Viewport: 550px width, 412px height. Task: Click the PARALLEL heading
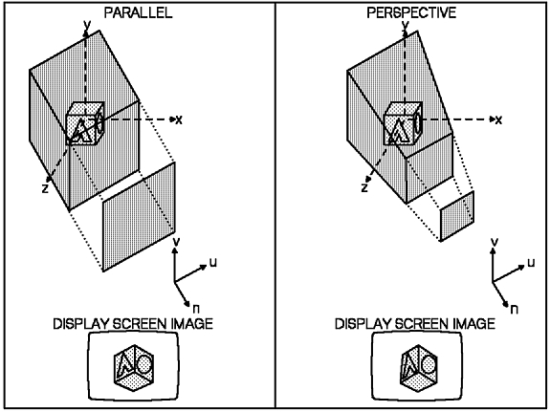[x=138, y=13]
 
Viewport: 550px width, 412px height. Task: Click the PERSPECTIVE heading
[x=411, y=13]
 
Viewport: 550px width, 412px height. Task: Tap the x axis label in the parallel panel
[x=179, y=120]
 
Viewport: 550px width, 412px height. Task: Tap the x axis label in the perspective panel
[x=498, y=120]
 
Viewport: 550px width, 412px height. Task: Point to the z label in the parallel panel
[x=45, y=188]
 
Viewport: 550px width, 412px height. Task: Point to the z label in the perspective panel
[x=364, y=188]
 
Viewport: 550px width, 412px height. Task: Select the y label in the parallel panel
[x=87, y=25]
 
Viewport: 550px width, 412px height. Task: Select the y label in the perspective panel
[x=406, y=25]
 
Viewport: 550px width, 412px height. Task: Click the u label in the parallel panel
[x=213, y=262]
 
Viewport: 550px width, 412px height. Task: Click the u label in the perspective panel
[x=532, y=262]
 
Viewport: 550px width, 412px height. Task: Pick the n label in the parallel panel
[x=196, y=309]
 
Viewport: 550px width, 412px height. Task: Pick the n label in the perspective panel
[x=515, y=309]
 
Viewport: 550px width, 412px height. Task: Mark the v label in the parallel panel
[x=177, y=242]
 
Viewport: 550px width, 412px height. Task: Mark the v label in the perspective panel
[x=495, y=242]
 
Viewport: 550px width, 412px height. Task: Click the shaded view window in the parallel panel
[x=139, y=216]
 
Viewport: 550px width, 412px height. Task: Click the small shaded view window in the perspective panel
[x=457, y=216]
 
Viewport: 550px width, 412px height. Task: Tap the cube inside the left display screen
[x=134, y=368]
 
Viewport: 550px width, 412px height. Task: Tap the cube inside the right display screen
[x=419, y=368]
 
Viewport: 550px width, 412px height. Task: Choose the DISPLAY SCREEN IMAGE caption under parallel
[x=133, y=324]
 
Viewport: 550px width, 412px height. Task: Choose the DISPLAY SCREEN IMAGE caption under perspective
[x=415, y=324]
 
